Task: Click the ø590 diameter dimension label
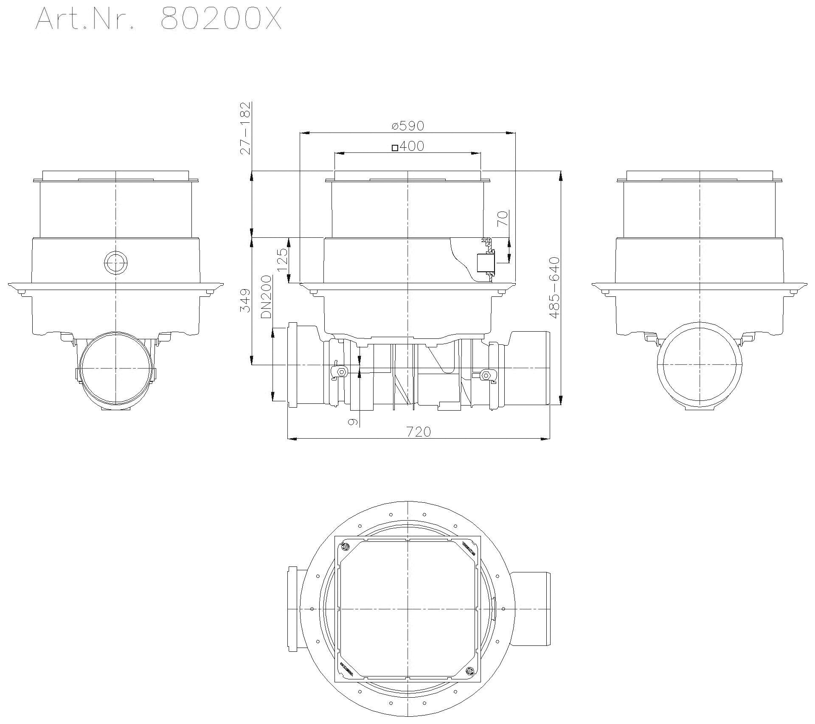pyautogui.click(x=407, y=126)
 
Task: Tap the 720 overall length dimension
pyautogui.click(x=419, y=432)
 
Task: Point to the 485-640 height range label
pyautogui.click(x=554, y=287)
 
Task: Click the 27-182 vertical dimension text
pyautogui.click(x=245, y=128)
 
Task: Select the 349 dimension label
pyautogui.click(x=245, y=300)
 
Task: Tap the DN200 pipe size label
pyautogui.click(x=266, y=297)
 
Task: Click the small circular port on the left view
pyautogui.click(x=115, y=263)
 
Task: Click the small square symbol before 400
pyautogui.click(x=395, y=148)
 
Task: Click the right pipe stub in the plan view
pyautogui.click(x=532, y=609)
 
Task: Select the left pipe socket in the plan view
pyautogui.click(x=297, y=609)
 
